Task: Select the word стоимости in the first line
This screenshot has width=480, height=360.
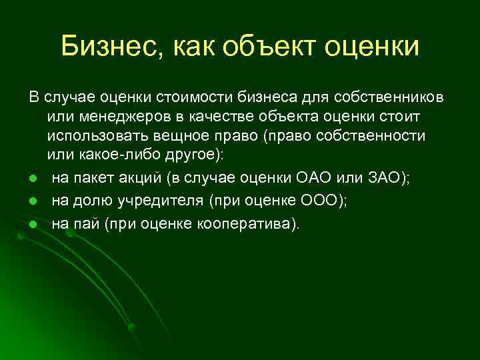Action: [x=201, y=99]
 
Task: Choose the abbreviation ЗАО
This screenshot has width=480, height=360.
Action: [x=381, y=179]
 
